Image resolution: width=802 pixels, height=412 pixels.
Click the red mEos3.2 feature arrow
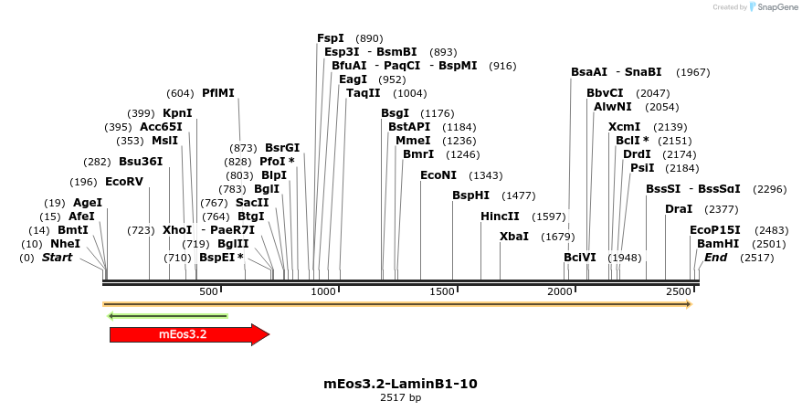(188, 334)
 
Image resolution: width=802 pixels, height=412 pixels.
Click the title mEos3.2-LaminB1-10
(400, 384)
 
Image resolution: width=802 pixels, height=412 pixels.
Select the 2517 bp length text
(400, 398)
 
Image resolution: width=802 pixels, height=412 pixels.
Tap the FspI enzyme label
(331, 38)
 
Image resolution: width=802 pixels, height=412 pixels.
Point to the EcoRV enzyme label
(124, 182)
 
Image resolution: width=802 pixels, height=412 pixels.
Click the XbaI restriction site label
(513, 237)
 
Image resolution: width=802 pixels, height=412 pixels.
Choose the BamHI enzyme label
(718, 244)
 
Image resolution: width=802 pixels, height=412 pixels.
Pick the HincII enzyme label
(500, 217)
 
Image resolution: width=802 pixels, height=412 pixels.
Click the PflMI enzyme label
(218, 93)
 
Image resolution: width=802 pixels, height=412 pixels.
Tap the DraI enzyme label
(679, 209)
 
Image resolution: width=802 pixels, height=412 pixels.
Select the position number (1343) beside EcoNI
(485, 175)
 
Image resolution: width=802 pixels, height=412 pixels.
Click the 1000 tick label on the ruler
(323, 291)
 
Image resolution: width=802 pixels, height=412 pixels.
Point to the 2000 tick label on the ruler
(559, 291)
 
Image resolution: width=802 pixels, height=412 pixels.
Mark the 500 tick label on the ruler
(209, 291)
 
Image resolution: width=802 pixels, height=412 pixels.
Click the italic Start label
(57, 258)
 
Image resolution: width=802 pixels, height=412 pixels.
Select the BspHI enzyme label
(471, 195)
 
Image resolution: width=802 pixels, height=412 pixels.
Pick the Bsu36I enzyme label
(141, 162)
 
